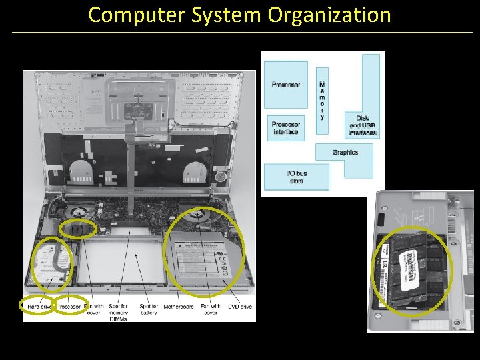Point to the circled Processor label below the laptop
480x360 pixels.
(69, 306)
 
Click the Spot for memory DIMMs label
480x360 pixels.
(118, 309)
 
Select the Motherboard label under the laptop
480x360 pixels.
(179, 307)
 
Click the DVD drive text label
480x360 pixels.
(240, 307)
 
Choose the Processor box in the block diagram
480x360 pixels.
(286, 85)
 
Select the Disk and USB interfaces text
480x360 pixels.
(362, 125)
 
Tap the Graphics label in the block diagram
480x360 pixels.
(345, 153)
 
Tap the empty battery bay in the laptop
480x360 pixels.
(124, 260)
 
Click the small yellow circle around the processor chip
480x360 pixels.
(79, 229)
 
